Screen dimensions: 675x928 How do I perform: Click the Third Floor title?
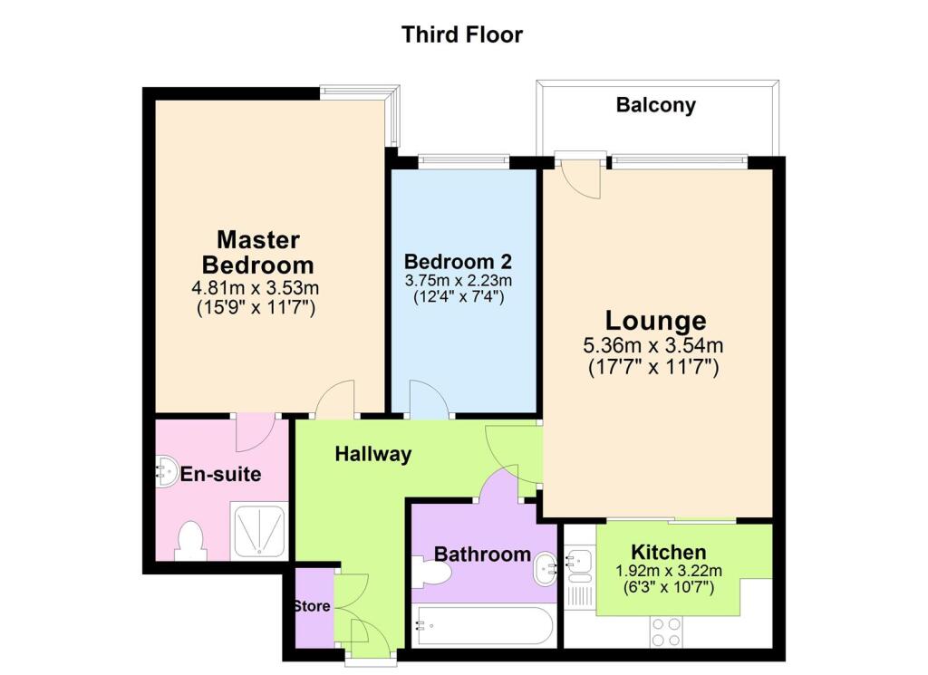click(x=462, y=35)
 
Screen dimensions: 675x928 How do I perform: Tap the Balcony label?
click(x=655, y=105)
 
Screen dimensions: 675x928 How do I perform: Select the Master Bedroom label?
click(x=257, y=253)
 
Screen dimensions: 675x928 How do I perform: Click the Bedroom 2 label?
click(x=458, y=262)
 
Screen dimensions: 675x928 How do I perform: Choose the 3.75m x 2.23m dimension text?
click(x=458, y=280)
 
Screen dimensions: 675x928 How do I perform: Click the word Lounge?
click(x=655, y=321)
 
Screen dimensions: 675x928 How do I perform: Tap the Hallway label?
click(x=373, y=454)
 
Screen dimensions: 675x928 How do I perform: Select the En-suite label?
click(x=221, y=474)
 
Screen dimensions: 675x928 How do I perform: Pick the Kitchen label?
click(x=669, y=552)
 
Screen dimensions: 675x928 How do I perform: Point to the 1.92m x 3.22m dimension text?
click(x=669, y=570)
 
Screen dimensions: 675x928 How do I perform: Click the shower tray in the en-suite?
click(x=260, y=532)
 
